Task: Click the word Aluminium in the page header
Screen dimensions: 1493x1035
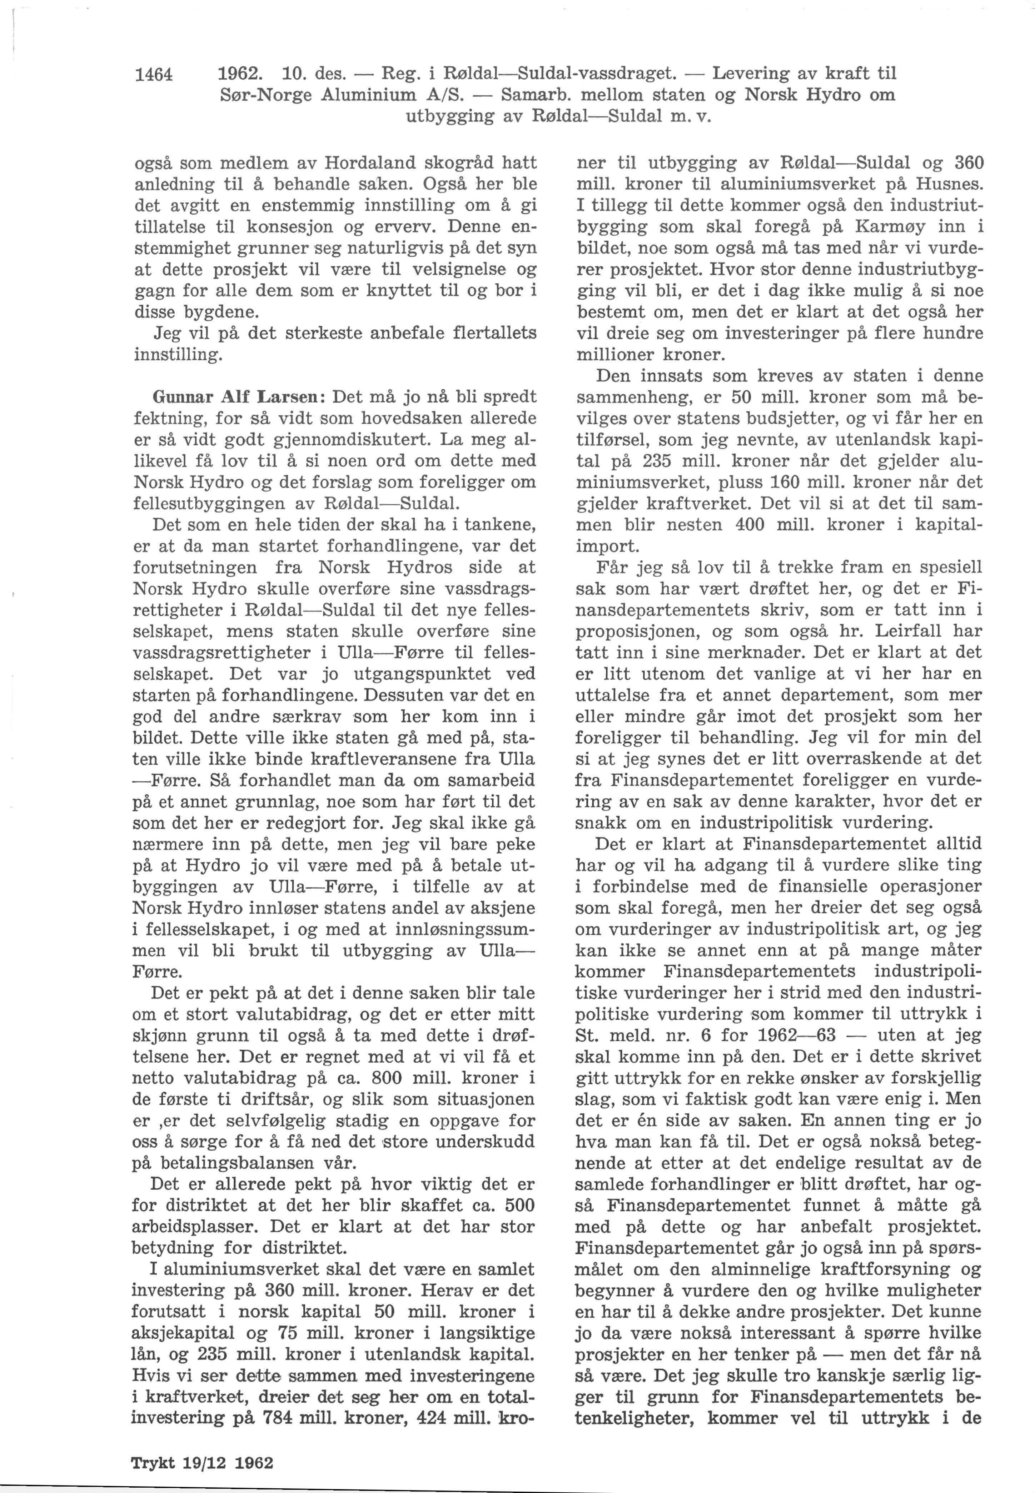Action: (x=370, y=95)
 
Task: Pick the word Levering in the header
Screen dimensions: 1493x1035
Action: (x=754, y=73)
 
